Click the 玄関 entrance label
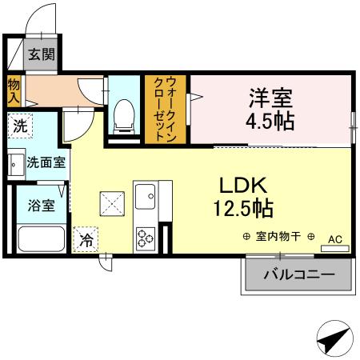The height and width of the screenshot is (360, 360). coord(42,55)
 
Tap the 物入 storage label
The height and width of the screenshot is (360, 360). coord(14,90)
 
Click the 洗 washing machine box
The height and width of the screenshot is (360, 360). coord(20,126)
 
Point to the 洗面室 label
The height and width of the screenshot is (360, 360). coord(46,162)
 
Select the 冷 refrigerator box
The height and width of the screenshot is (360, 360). coord(86,238)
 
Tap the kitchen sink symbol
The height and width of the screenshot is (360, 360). coord(145,194)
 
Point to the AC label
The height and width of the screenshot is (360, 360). coord(334,238)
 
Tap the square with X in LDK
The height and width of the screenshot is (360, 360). coord(111,203)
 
